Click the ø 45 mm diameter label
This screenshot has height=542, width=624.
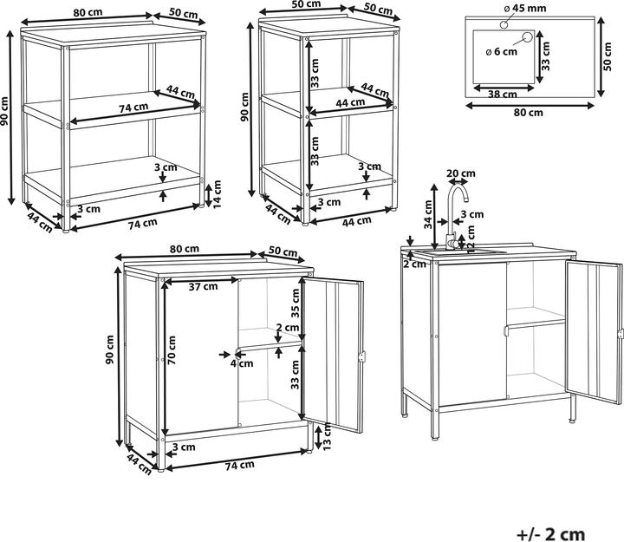point(525,9)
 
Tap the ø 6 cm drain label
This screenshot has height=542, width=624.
point(502,52)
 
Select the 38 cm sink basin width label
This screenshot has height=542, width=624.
point(502,95)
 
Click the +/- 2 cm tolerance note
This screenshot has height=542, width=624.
point(551,533)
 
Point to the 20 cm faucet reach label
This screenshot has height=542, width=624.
point(461,173)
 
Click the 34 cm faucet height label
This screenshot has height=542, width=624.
point(428,214)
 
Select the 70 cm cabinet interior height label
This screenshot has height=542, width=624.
point(172,350)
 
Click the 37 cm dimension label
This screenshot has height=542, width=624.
point(203,286)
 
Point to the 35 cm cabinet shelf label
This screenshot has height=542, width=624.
point(295,303)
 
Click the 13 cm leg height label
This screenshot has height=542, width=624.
point(327,436)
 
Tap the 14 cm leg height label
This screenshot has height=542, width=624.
point(217,194)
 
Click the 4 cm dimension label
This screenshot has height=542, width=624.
point(242,363)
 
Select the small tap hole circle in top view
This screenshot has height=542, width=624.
point(504,24)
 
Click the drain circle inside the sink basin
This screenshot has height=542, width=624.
point(527,37)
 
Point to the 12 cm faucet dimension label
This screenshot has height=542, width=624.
point(471,239)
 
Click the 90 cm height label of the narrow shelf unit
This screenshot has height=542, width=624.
point(244,107)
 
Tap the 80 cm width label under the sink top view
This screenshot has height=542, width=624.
point(529,113)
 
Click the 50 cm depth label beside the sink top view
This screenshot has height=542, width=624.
point(608,57)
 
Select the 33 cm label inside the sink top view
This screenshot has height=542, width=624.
point(546,56)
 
